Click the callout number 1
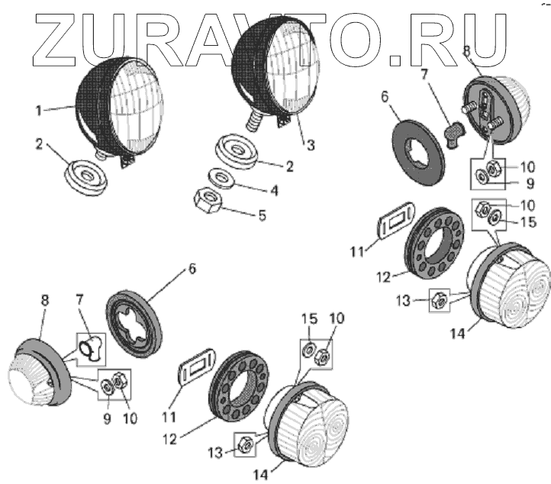(x=38, y=111)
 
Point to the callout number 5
(x=262, y=215)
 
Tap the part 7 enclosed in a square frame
(x=90, y=347)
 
